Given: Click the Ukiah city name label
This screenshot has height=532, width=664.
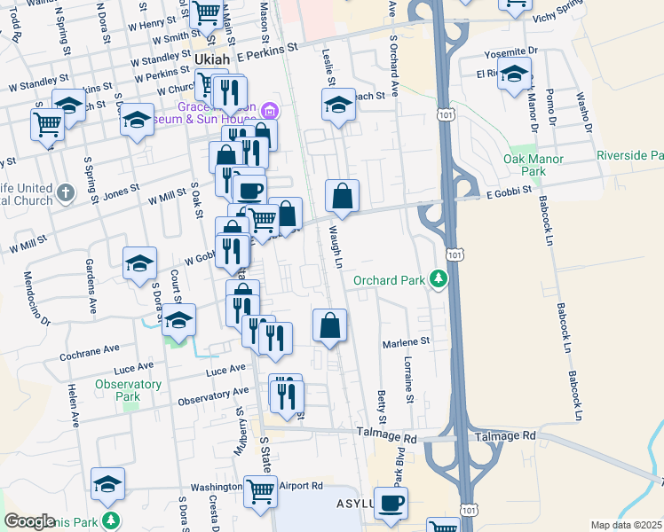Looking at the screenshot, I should tap(209, 59).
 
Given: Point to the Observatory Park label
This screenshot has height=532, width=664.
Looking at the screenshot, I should tap(129, 390).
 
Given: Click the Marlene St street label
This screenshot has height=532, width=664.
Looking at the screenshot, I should tap(406, 340).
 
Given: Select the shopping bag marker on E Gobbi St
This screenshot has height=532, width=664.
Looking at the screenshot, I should tap(342, 195).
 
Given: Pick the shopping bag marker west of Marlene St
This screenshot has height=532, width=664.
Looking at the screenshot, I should tap(329, 325).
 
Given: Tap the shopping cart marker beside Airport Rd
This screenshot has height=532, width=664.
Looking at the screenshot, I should tap(259, 490).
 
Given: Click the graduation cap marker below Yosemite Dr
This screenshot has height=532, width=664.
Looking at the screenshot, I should tap(514, 74).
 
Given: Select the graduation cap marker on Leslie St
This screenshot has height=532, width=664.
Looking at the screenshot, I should tap(336, 106).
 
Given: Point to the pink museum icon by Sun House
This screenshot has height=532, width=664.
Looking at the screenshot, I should tap(271, 112).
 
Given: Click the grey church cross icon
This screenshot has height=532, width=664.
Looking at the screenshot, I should tap(65, 192).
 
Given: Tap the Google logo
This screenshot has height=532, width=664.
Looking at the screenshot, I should tap(29, 521).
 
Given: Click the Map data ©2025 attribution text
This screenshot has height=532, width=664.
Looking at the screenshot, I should tap(626, 525).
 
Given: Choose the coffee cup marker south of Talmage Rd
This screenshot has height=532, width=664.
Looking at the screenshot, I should tap(391, 504).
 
